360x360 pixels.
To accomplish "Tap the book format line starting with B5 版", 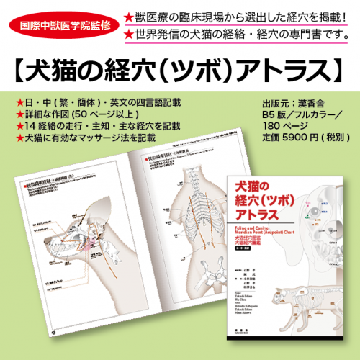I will (x=302, y=112).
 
